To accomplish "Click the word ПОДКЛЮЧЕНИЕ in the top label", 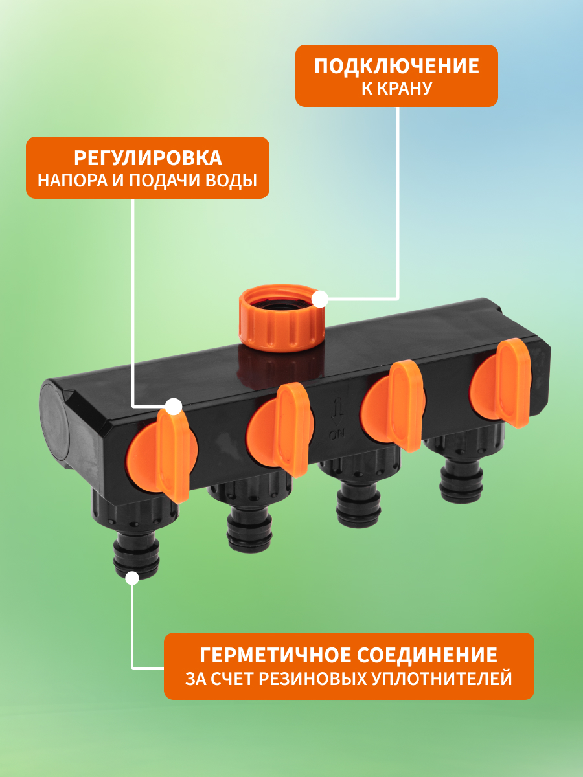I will click(x=396, y=66).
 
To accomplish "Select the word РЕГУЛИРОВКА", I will click(x=147, y=158).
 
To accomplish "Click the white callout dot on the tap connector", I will click(x=319, y=299).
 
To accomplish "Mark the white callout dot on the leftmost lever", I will click(x=173, y=407).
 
